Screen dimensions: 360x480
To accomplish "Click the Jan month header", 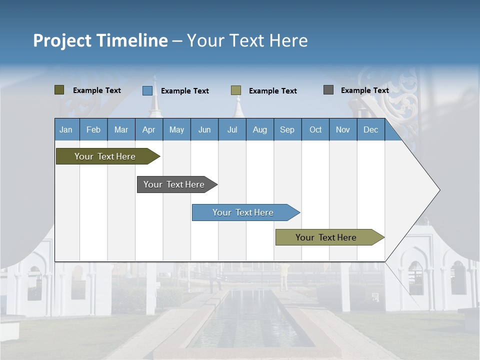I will (66, 130).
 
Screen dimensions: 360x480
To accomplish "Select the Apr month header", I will (149, 130).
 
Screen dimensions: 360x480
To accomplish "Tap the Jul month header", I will (232, 130).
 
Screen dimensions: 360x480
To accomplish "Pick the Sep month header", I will (287, 130).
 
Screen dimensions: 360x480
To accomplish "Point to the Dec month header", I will (370, 130).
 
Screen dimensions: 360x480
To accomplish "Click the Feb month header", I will (93, 130).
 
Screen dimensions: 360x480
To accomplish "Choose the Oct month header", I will (315, 130).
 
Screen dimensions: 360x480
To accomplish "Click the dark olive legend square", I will (59, 90).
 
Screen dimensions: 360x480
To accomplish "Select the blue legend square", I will (147, 90).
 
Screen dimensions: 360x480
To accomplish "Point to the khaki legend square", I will (236, 90).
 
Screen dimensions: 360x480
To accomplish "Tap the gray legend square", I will (328, 90).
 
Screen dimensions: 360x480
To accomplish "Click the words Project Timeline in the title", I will (100, 40).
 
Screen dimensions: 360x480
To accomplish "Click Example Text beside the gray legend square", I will (364, 90).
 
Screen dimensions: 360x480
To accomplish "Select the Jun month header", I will (204, 130).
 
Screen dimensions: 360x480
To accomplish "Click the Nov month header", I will (343, 130).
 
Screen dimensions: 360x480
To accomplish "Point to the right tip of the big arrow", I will (438, 190).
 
